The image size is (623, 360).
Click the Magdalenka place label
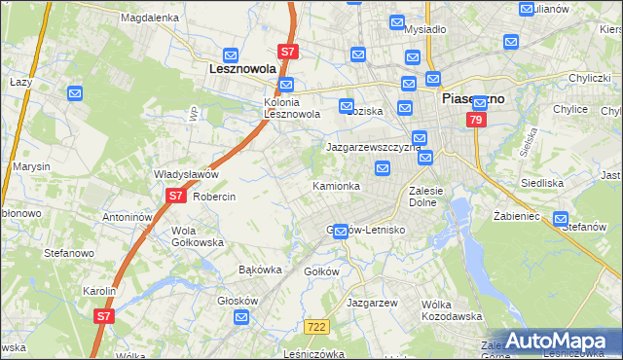(x=149, y=18)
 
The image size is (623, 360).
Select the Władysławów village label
(x=185, y=174)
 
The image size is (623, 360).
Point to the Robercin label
(x=214, y=197)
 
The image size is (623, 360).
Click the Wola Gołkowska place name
(x=198, y=236)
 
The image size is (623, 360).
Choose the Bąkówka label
(x=260, y=270)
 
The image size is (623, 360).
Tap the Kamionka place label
(x=336, y=185)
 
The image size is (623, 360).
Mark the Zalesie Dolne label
(x=426, y=197)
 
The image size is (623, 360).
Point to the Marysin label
(x=31, y=166)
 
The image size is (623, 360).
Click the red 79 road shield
(x=475, y=120)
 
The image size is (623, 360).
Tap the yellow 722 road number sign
(x=314, y=329)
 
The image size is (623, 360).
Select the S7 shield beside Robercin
(x=174, y=196)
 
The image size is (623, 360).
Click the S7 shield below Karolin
(x=104, y=315)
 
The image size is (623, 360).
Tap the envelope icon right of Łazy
(x=77, y=93)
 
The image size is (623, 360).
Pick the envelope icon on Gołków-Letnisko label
(x=339, y=231)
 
